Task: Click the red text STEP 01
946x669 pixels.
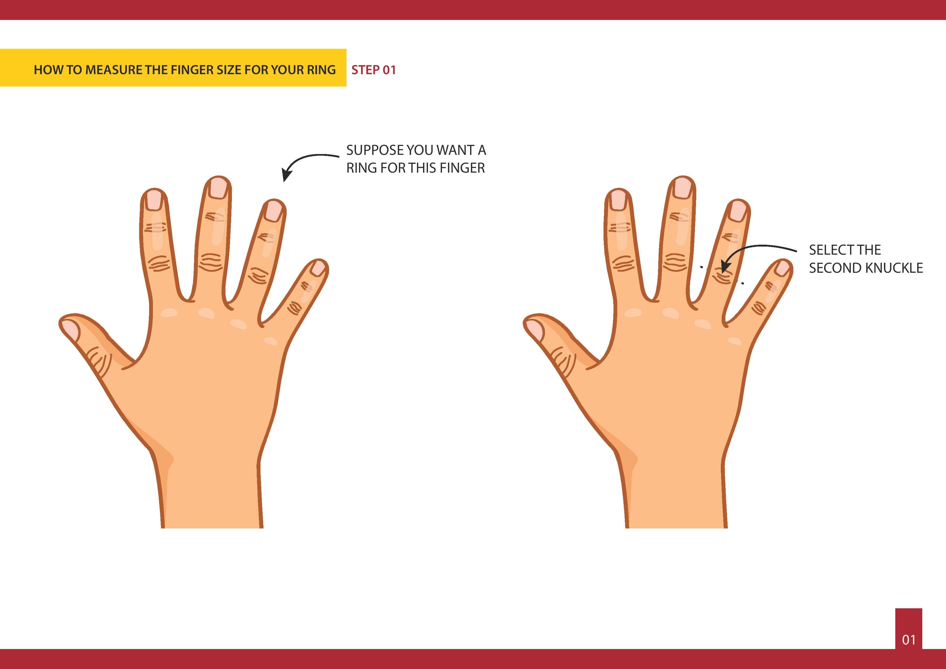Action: tap(373, 70)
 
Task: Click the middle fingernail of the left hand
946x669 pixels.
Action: tap(218, 187)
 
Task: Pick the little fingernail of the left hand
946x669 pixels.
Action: tap(318, 268)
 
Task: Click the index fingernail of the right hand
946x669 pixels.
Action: tap(618, 200)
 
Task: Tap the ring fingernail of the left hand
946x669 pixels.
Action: tap(273, 211)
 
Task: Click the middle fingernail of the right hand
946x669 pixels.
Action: tap(682, 187)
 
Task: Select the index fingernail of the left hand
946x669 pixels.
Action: tap(154, 200)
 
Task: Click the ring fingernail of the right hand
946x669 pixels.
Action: tap(737, 211)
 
